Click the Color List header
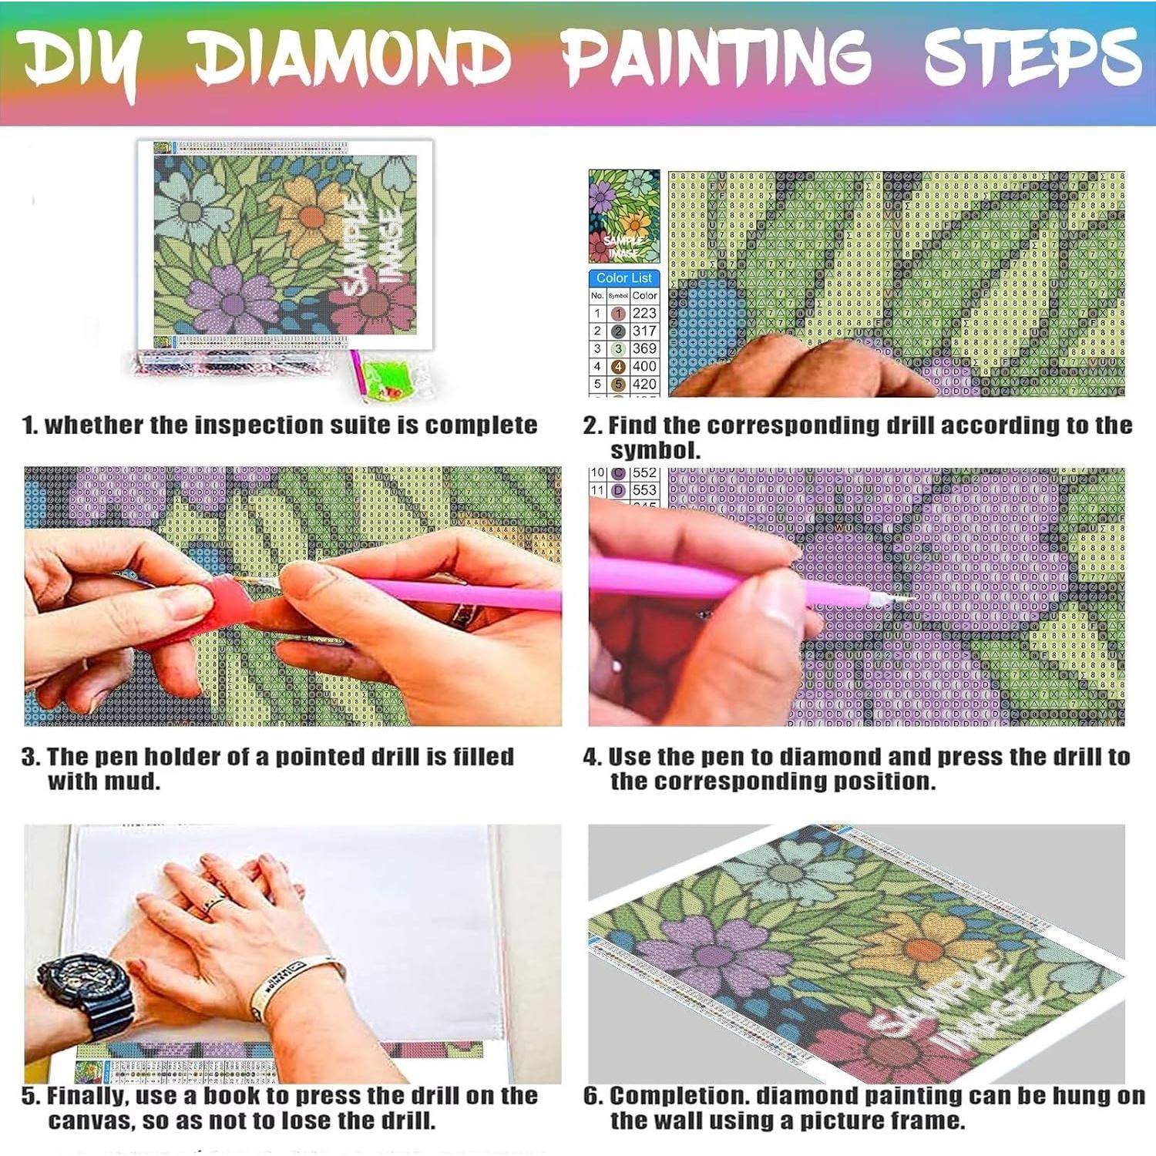tap(623, 277)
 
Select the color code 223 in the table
tap(644, 313)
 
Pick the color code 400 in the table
tap(644, 366)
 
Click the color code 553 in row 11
tap(644, 490)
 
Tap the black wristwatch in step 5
tap(85, 994)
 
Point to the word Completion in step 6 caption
tap(678, 1096)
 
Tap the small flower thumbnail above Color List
tap(624, 216)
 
